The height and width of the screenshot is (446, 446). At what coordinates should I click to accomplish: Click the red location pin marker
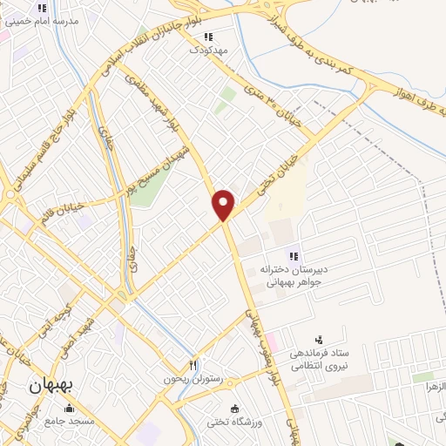224,204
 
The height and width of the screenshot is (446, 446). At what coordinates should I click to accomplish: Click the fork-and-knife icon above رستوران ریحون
193,365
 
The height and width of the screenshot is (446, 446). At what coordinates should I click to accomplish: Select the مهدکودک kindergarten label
208,51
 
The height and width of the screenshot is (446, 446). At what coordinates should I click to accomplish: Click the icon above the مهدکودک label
207,37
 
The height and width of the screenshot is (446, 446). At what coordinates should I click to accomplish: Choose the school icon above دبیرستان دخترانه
294,255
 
